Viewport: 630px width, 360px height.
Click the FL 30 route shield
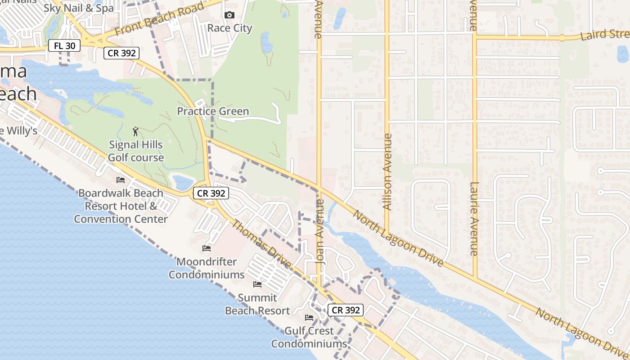point(65,45)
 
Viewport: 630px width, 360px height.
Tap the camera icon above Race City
point(229,15)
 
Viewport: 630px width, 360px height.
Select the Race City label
point(229,28)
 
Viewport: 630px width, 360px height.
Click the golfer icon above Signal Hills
point(136,131)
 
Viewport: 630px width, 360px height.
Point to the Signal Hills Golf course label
point(136,151)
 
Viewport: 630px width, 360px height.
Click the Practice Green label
point(213,111)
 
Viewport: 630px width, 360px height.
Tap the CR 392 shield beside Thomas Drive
point(211,193)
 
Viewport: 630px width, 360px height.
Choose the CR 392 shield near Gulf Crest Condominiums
point(345,310)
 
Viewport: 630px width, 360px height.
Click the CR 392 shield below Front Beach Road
point(121,53)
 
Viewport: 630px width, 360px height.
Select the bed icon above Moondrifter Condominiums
point(207,248)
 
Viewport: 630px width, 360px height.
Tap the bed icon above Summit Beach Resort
point(257,284)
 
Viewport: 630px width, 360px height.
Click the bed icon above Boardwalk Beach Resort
point(121,180)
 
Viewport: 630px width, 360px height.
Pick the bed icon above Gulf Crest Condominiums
point(309,318)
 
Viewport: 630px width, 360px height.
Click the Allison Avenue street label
point(387,171)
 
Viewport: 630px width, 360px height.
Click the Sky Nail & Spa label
point(79,8)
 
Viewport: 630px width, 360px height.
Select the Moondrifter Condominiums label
point(207,268)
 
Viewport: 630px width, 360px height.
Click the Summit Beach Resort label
point(257,304)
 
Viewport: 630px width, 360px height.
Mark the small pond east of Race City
point(267,42)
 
